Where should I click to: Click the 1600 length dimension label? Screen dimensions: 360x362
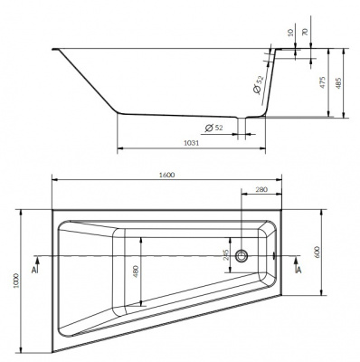coord(166,175)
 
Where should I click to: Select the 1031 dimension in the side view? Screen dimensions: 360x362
coord(192,144)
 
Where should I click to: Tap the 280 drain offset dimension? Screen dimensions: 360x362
coord(261,190)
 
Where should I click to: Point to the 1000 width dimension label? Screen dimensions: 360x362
coord(16,281)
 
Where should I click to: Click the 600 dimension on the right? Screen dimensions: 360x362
coord(317,252)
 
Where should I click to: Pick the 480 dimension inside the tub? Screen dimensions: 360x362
coord(136,271)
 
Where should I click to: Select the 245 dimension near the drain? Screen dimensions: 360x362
coord(227,254)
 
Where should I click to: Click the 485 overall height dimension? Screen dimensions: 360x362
coord(337,83)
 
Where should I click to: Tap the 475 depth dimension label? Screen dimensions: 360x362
coord(323,83)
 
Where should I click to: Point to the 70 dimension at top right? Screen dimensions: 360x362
coord(305,33)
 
